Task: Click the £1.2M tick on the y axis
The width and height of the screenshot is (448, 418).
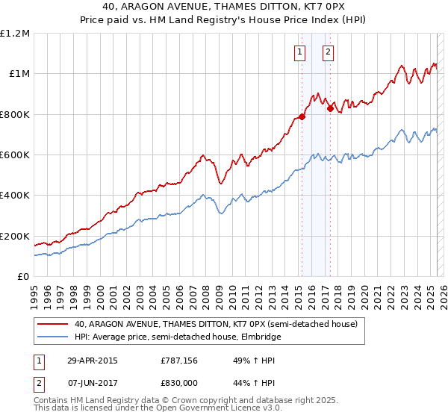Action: tap(15, 34)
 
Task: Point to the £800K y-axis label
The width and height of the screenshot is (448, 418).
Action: tap(15, 114)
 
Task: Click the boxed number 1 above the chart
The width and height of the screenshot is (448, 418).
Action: tap(299, 52)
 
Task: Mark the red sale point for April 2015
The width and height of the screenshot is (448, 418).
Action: tap(302, 116)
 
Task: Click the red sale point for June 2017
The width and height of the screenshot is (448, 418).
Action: tap(330, 108)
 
